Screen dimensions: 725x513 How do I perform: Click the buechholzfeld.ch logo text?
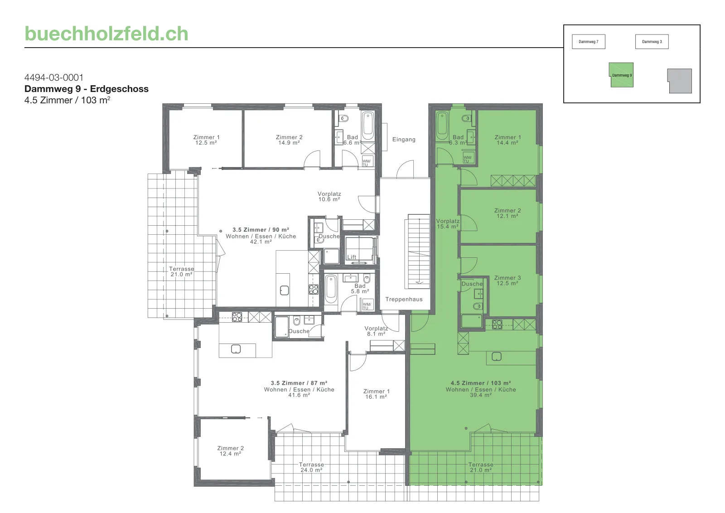[106, 34]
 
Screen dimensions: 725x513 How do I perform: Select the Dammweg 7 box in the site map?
[589, 42]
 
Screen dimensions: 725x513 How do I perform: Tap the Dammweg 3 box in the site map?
[652, 42]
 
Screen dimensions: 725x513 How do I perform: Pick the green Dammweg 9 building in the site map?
[621, 75]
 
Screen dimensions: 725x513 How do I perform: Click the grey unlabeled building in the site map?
[680, 81]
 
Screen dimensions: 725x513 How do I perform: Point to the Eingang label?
[404, 140]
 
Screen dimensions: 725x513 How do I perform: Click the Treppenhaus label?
[404, 300]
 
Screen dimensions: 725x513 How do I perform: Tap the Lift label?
[352, 257]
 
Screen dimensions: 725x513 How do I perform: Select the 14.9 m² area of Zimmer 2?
[289, 143]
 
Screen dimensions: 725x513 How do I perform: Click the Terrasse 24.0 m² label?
[311, 467]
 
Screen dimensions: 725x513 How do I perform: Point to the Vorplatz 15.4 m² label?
[448, 224]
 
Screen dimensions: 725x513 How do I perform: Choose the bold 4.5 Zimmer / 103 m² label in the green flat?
[481, 383]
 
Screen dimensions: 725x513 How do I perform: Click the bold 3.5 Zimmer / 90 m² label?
[261, 230]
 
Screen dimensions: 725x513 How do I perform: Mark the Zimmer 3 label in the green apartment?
[507, 278]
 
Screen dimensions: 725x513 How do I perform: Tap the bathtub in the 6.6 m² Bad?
[368, 126]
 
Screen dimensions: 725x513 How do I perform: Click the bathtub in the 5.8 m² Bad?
[331, 289]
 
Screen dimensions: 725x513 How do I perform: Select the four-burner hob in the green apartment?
[497, 324]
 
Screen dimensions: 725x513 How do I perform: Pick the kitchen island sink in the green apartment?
[497, 357]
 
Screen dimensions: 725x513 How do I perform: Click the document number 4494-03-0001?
[54, 77]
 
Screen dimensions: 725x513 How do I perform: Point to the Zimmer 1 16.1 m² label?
[376, 394]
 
